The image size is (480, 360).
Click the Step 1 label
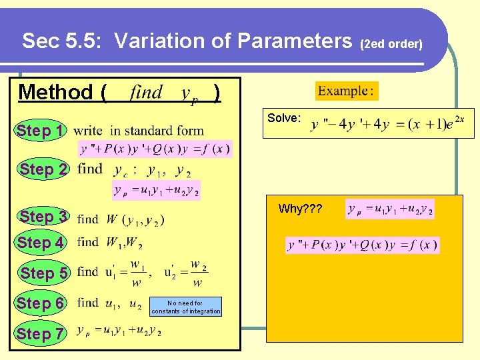pos(41,131)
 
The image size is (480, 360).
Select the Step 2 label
pos(43,169)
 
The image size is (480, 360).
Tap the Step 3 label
pos(43,217)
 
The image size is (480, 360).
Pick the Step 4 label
pos(41,243)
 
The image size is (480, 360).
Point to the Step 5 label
pos(43,273)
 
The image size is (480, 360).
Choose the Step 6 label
pos(41,303)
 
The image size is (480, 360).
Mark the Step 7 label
pos(41,333)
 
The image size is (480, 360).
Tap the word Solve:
pos(284,118)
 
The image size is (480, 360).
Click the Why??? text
pos(300,209)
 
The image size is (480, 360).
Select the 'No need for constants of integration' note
pos(185,307)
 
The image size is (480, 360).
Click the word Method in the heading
pos(56,92)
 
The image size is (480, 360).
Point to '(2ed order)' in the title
pos(391,45)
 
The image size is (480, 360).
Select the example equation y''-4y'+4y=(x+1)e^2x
pos(387,124)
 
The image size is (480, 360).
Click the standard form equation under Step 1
pos(155,149)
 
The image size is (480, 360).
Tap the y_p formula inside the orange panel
pos(390,209)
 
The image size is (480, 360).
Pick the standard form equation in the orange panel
pos(363,245)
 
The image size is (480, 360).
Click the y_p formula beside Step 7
pos(119,331)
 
